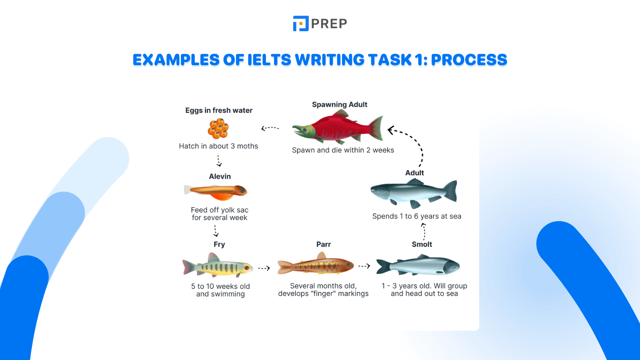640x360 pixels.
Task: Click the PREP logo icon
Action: (301, 24)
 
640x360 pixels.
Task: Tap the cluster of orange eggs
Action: (218, 128)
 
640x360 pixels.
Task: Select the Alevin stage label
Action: (220, 176)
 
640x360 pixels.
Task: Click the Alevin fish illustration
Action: (216, 192)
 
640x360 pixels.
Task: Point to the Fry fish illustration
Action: (218, 266)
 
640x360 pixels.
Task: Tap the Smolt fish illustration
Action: (418, 266)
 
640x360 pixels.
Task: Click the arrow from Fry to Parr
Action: (264, 268)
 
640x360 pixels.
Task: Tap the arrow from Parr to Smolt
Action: (364, 266)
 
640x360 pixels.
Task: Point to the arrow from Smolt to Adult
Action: (424, 231)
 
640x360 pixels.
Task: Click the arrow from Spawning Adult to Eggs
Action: (270, 128)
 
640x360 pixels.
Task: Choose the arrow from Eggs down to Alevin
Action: (219, 160)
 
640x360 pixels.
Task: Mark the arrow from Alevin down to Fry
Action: (216, 231)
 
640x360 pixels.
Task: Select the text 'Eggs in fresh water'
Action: (219, 110)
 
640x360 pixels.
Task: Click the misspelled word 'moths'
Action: (248, 146)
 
